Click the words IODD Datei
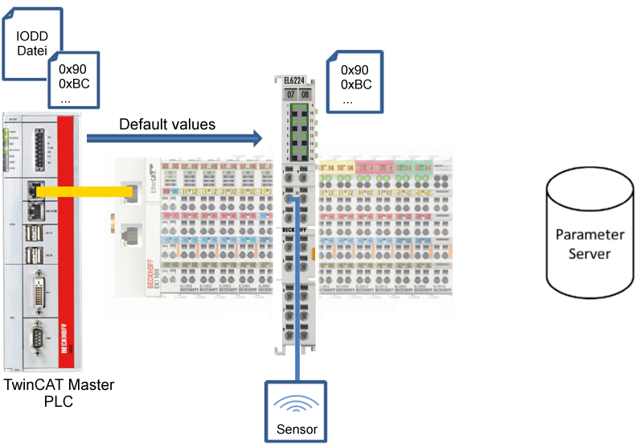[31, 44]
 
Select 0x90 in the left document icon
[72, 69]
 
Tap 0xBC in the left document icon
[72, 84]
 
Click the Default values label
[167, 125]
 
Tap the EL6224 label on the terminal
[294, 80]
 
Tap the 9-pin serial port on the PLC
[38, 338]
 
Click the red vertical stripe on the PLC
[67, 241]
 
